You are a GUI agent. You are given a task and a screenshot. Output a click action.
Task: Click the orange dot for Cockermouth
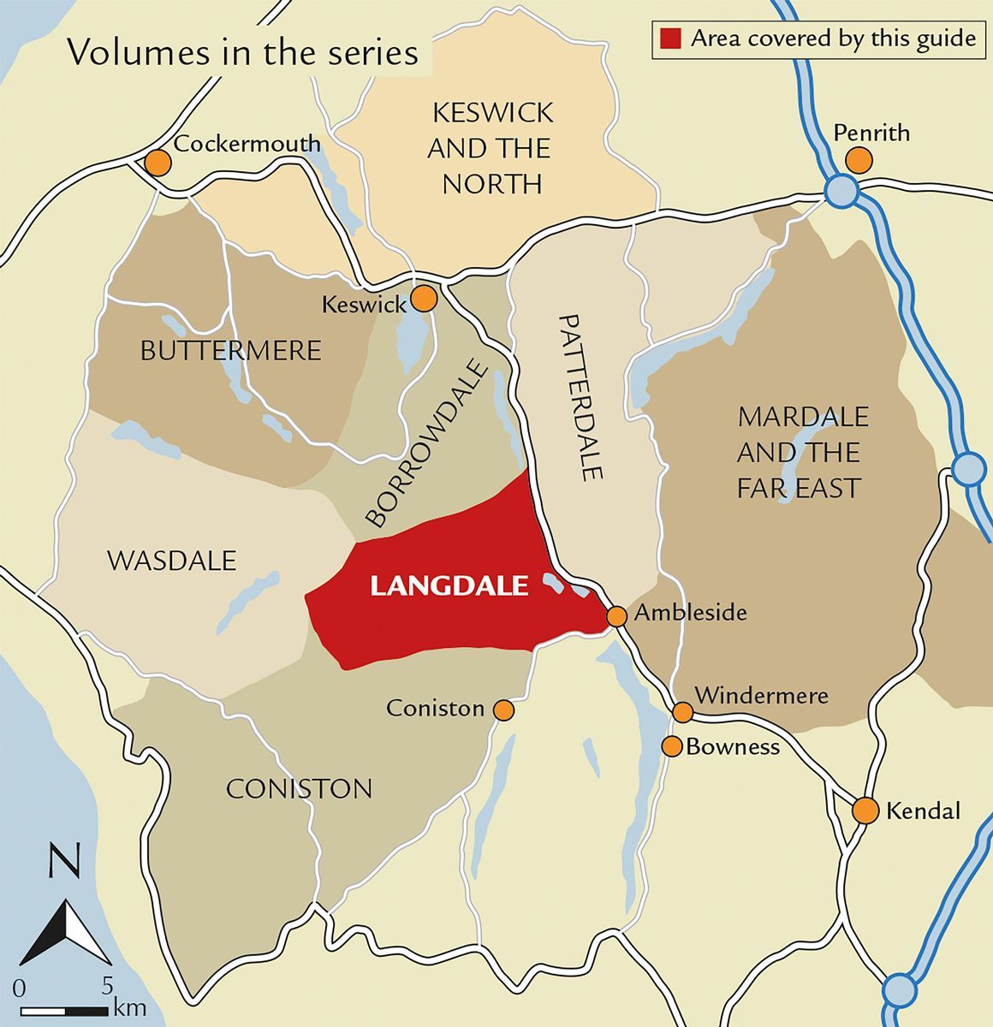pos(157,163)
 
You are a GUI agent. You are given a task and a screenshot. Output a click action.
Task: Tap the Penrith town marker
pos(858,160)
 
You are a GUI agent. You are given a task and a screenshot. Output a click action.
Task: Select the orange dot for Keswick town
pos(424,299)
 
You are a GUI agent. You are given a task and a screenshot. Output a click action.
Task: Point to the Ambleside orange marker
pos(616,616)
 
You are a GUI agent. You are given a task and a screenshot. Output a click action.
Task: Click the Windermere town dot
pos(682,712)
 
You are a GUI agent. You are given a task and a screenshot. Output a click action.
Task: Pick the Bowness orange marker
pos(672,745)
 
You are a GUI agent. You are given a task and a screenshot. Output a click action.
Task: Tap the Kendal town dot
pos(865,810)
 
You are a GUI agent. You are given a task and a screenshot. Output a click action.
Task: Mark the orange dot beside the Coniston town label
pos(503,710)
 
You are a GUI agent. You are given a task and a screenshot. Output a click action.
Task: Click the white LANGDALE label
pos(449,586)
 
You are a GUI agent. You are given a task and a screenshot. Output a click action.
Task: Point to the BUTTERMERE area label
pos(230,350)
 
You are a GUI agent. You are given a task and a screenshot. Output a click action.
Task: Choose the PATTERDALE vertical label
pos(582,396)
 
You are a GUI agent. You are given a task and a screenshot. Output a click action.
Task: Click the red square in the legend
pos(671,39)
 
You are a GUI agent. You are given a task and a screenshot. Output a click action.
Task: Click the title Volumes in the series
pos(243,53)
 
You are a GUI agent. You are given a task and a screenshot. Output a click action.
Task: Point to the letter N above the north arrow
pos(65,862)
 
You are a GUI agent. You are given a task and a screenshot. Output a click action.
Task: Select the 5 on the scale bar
pos(107,986)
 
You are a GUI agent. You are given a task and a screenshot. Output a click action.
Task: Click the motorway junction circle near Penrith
pos(841,191)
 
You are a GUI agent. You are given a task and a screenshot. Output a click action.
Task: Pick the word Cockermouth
pos(247,143)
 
